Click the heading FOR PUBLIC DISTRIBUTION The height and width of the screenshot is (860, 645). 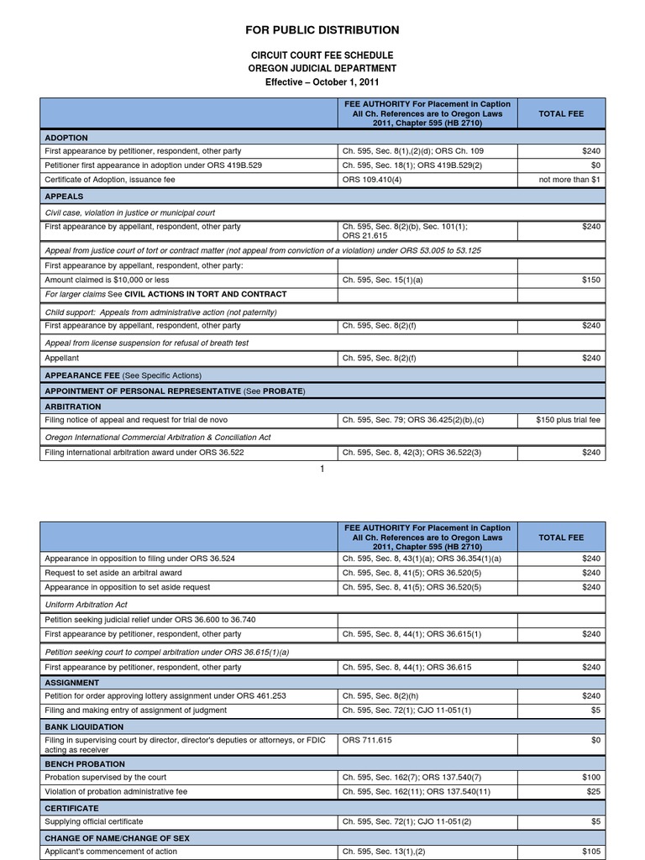point(322,30)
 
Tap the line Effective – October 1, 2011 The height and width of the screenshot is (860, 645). point(322,82)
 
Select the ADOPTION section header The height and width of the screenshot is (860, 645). point(66,137)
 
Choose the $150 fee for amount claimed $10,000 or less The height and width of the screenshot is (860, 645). point(591,280)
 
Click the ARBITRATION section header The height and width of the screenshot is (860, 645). point(72,406)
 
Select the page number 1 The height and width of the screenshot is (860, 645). point(322,468)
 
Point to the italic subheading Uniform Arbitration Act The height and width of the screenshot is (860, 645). point(86,604)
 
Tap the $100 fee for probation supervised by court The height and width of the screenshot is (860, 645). point(591,778)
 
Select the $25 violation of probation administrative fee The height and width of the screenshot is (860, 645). point(594,792)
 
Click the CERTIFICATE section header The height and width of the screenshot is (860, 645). point(71,807)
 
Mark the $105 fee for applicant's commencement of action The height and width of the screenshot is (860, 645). point(591,851)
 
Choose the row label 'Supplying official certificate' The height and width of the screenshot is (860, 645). point(94,821)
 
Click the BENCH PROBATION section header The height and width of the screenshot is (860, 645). point(85,764)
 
